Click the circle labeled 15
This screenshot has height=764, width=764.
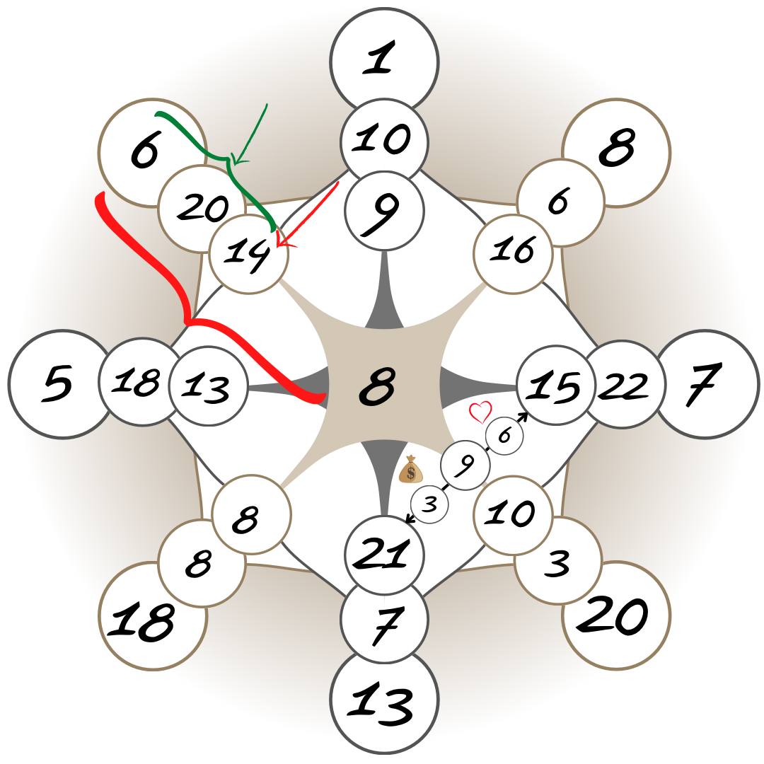coord(555,385)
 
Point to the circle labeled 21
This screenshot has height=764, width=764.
coord(384,554)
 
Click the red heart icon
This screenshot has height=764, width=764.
coord(481,411)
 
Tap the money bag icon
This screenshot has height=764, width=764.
coord(411,470)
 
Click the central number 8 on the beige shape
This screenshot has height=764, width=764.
coord(377,388)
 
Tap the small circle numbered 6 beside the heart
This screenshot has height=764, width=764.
coord(504,436)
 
